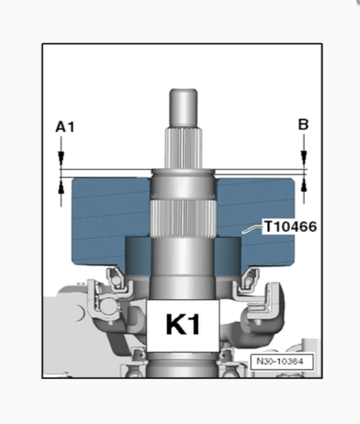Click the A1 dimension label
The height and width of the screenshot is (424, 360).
[65, 127]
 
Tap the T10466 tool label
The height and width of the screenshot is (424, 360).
[290, 227]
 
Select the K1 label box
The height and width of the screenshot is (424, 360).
[182, 324]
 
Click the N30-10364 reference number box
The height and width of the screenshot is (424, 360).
[280, 362]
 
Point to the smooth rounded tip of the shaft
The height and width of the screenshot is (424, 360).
[184, 99]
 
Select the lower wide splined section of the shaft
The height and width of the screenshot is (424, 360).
[184, 219]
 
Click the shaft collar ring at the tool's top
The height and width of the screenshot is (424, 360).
[184, 175]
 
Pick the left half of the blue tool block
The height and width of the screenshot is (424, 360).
[102, 219]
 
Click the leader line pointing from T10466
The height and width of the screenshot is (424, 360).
[252, 230]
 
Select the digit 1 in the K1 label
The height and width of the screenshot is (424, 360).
[197, 324]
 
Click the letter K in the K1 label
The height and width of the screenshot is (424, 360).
[173, 324]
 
